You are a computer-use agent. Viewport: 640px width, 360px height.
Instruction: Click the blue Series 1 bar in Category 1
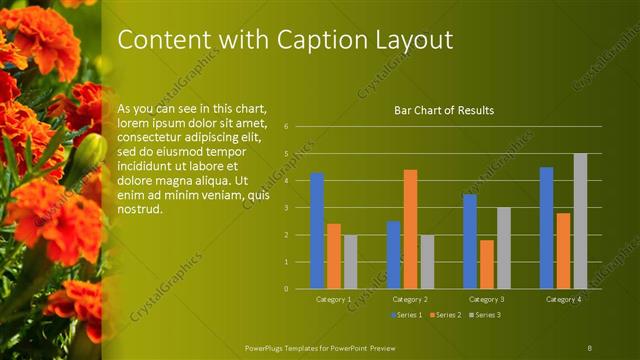(x=317, y=231)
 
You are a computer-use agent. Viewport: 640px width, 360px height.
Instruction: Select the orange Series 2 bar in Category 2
(x=410, y=229)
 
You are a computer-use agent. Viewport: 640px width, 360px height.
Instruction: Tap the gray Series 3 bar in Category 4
(x=580, y=221)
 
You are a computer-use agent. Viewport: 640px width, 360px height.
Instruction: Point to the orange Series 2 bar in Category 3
(x=487, y=264)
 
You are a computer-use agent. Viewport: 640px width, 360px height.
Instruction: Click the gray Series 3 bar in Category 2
(x=427, y=262)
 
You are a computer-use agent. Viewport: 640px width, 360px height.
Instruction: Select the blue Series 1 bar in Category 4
(x=546, y=228)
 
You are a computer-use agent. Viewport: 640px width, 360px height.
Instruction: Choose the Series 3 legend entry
(x=486, y=315)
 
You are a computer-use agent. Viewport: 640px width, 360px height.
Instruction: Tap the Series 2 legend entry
(x=445, y=315)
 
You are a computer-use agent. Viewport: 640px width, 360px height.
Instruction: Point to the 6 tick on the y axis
(x=286, y=127)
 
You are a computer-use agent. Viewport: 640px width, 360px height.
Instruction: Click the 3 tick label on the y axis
(x=286, y=208)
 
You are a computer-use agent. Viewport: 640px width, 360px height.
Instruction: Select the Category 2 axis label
(x=410, y=299)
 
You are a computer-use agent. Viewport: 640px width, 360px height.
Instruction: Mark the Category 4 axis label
(x=563, y=299)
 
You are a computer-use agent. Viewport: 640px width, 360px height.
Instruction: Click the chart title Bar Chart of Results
(x=444, y=110)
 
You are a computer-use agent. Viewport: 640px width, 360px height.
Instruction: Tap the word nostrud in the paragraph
(x=139, y=210)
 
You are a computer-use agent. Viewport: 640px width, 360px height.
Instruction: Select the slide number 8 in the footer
(x=589, y=346)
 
